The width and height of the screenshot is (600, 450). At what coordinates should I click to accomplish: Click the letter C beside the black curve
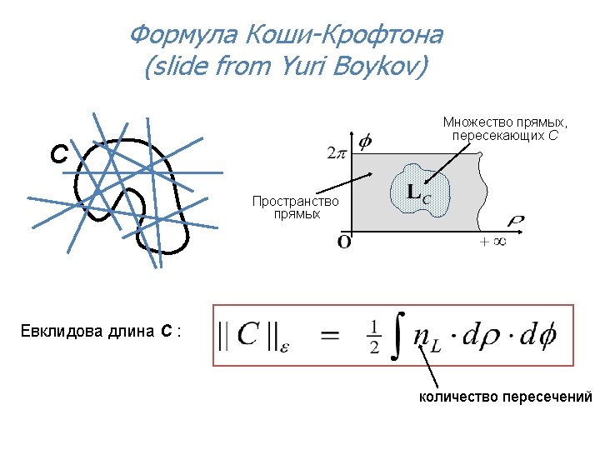coord(58,155)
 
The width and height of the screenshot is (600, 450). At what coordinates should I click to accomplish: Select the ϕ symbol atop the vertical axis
coord(365,142)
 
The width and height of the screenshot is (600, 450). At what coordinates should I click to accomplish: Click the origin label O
coord(344,242)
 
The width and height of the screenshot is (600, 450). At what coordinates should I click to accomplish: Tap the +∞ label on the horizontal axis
coord(493,242)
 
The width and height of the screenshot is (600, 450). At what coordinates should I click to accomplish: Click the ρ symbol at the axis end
coord(516,222)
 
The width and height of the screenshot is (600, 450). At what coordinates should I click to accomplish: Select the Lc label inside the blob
coord(417,193)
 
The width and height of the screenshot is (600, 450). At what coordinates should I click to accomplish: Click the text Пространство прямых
coord(296,207)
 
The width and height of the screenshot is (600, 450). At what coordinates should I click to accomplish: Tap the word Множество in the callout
coord(472,122)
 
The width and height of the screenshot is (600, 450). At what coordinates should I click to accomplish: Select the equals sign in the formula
coord(329,336)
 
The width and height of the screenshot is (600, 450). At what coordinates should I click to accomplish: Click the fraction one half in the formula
coord(374,336)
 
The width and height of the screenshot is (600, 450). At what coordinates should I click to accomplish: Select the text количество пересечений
coord(504,397)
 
